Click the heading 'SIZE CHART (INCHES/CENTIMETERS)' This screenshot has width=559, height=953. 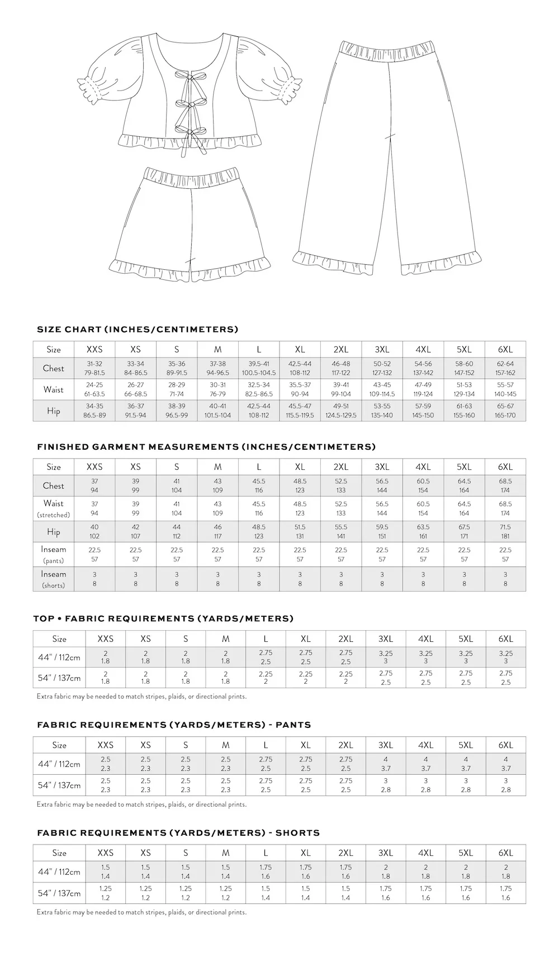tap(138, 329)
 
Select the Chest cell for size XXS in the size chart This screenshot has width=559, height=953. tap(94, 368)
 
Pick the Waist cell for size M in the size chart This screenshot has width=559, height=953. tap(217, 389)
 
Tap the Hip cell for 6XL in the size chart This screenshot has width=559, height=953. tap(505, 411)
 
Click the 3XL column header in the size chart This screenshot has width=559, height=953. tap(382, 349)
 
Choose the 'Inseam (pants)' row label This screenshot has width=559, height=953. tap(54, 554)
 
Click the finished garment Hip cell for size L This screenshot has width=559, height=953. tap(259, 531)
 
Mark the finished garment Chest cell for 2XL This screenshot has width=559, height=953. tap(341, 485)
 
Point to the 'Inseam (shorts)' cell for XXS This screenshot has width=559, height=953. tap(94, 579)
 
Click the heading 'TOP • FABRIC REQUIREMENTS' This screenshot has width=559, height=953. tap(163, 618)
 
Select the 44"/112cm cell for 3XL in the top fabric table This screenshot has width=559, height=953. tap(385, 657)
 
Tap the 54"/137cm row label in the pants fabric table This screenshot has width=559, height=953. tap(59, 785)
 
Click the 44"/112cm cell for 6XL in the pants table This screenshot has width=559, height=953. tap(505, 764)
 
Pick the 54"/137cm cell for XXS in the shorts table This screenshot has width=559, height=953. tap(105, 893)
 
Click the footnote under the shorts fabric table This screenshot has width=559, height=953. tap(141, 912)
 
